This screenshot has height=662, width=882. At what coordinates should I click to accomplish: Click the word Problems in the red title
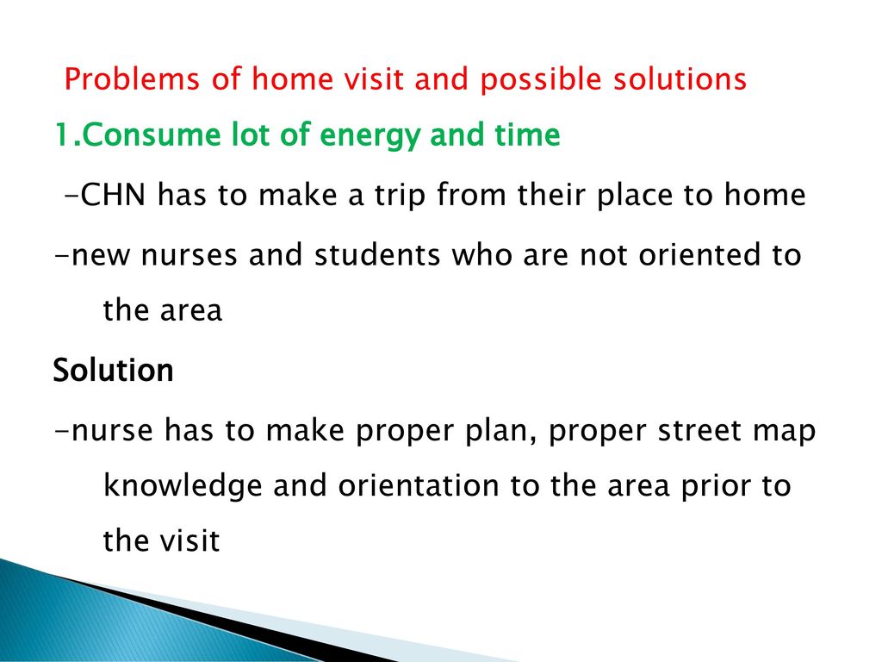click(x=132, y=79)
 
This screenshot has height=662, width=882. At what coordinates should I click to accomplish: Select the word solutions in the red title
click(x=680, y=78)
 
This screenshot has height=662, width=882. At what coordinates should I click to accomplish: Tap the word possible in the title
click(x=540, y=79)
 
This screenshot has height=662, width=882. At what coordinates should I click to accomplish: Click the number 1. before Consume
click(x=67, y=135)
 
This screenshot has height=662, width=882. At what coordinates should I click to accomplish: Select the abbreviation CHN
click(x=113, y=195)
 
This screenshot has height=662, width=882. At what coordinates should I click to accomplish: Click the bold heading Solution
click(x=113, y=371)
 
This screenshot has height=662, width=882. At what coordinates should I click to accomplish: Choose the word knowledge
click(x=183, y=486)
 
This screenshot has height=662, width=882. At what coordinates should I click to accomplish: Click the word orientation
click(x=419, y=485)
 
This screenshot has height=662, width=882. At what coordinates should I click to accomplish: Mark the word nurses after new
click(x=189, y=255)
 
